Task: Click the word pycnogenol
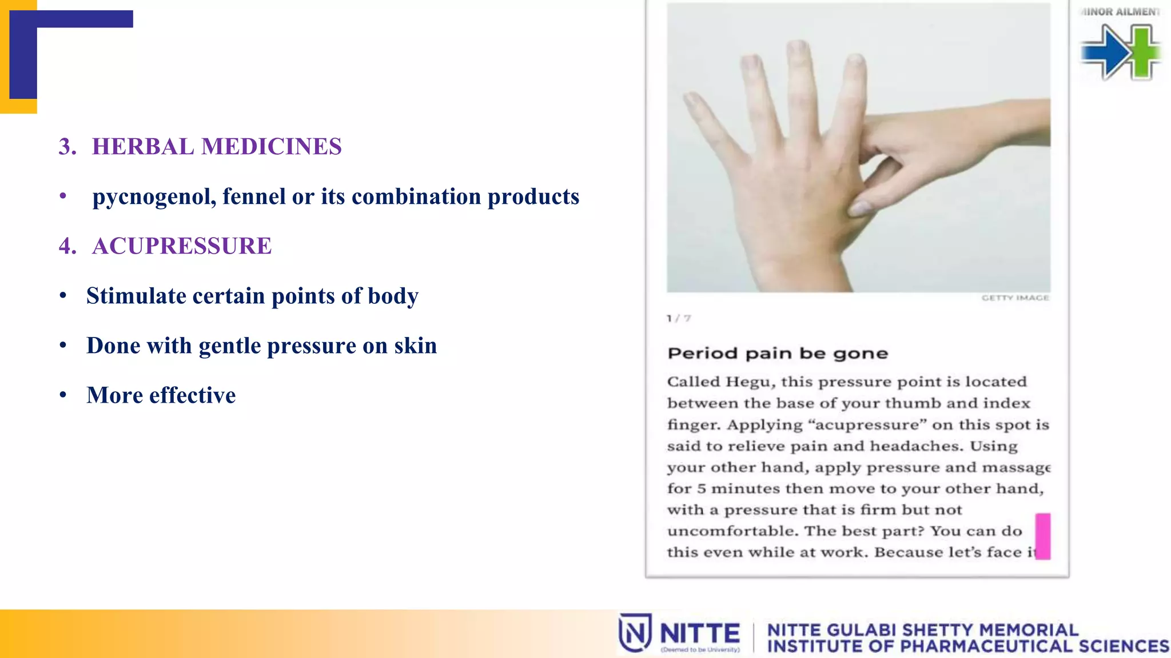[x=153, y=197]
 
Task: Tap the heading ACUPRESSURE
[x=181, y=246]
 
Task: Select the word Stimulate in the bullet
[x=136, y=296]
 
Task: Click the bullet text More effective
[x=161, y=395]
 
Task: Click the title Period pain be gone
[x=777, y=354]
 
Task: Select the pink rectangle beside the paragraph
[x=1042, y=536]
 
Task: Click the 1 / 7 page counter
[x=679, y=318]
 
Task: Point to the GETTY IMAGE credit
[x=1015, y=298]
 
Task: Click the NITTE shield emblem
[x=635, y=633]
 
